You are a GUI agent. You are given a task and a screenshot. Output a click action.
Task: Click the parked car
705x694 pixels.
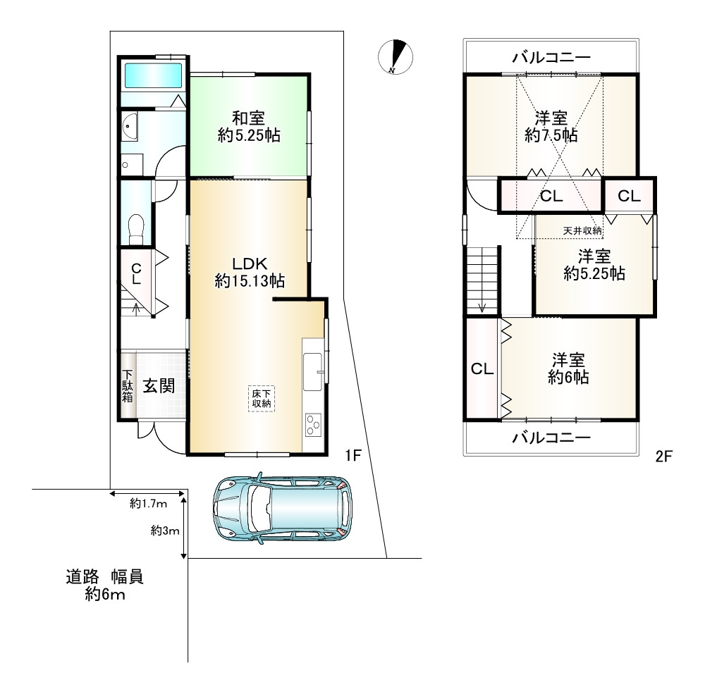[x=283, y=508]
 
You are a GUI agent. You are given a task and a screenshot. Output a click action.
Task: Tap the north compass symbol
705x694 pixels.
[x=396, y=56]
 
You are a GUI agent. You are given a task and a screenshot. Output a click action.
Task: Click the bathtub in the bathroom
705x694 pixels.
[x=153, y=75]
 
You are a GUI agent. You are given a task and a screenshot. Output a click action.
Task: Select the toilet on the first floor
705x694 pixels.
[x=136, y=228]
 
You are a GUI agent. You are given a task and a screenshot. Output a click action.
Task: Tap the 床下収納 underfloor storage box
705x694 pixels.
[x=262, y=398]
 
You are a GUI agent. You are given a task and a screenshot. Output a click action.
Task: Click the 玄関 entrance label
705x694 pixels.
[x=159, y=385]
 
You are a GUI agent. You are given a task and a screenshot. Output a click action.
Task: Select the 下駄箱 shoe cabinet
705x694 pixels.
[x=128, y=385]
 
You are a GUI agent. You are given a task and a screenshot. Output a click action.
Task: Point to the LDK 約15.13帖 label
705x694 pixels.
[x=250, y=272]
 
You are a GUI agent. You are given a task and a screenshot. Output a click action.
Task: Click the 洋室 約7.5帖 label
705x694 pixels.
[x=551, y=126]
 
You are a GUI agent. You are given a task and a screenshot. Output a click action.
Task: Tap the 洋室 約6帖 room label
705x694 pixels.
[x=568, y=368]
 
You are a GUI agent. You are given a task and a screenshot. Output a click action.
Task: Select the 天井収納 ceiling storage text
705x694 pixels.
[x=582, y=230]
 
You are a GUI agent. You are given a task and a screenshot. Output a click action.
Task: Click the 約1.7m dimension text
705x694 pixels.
[x=148, y=504]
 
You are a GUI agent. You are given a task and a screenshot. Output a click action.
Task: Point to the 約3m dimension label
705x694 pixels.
[x=165, y=531]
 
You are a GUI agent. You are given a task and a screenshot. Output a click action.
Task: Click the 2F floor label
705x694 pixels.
[x=663, y=457]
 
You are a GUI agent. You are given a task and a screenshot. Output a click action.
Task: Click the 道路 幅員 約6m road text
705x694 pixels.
[x=105, y=585]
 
